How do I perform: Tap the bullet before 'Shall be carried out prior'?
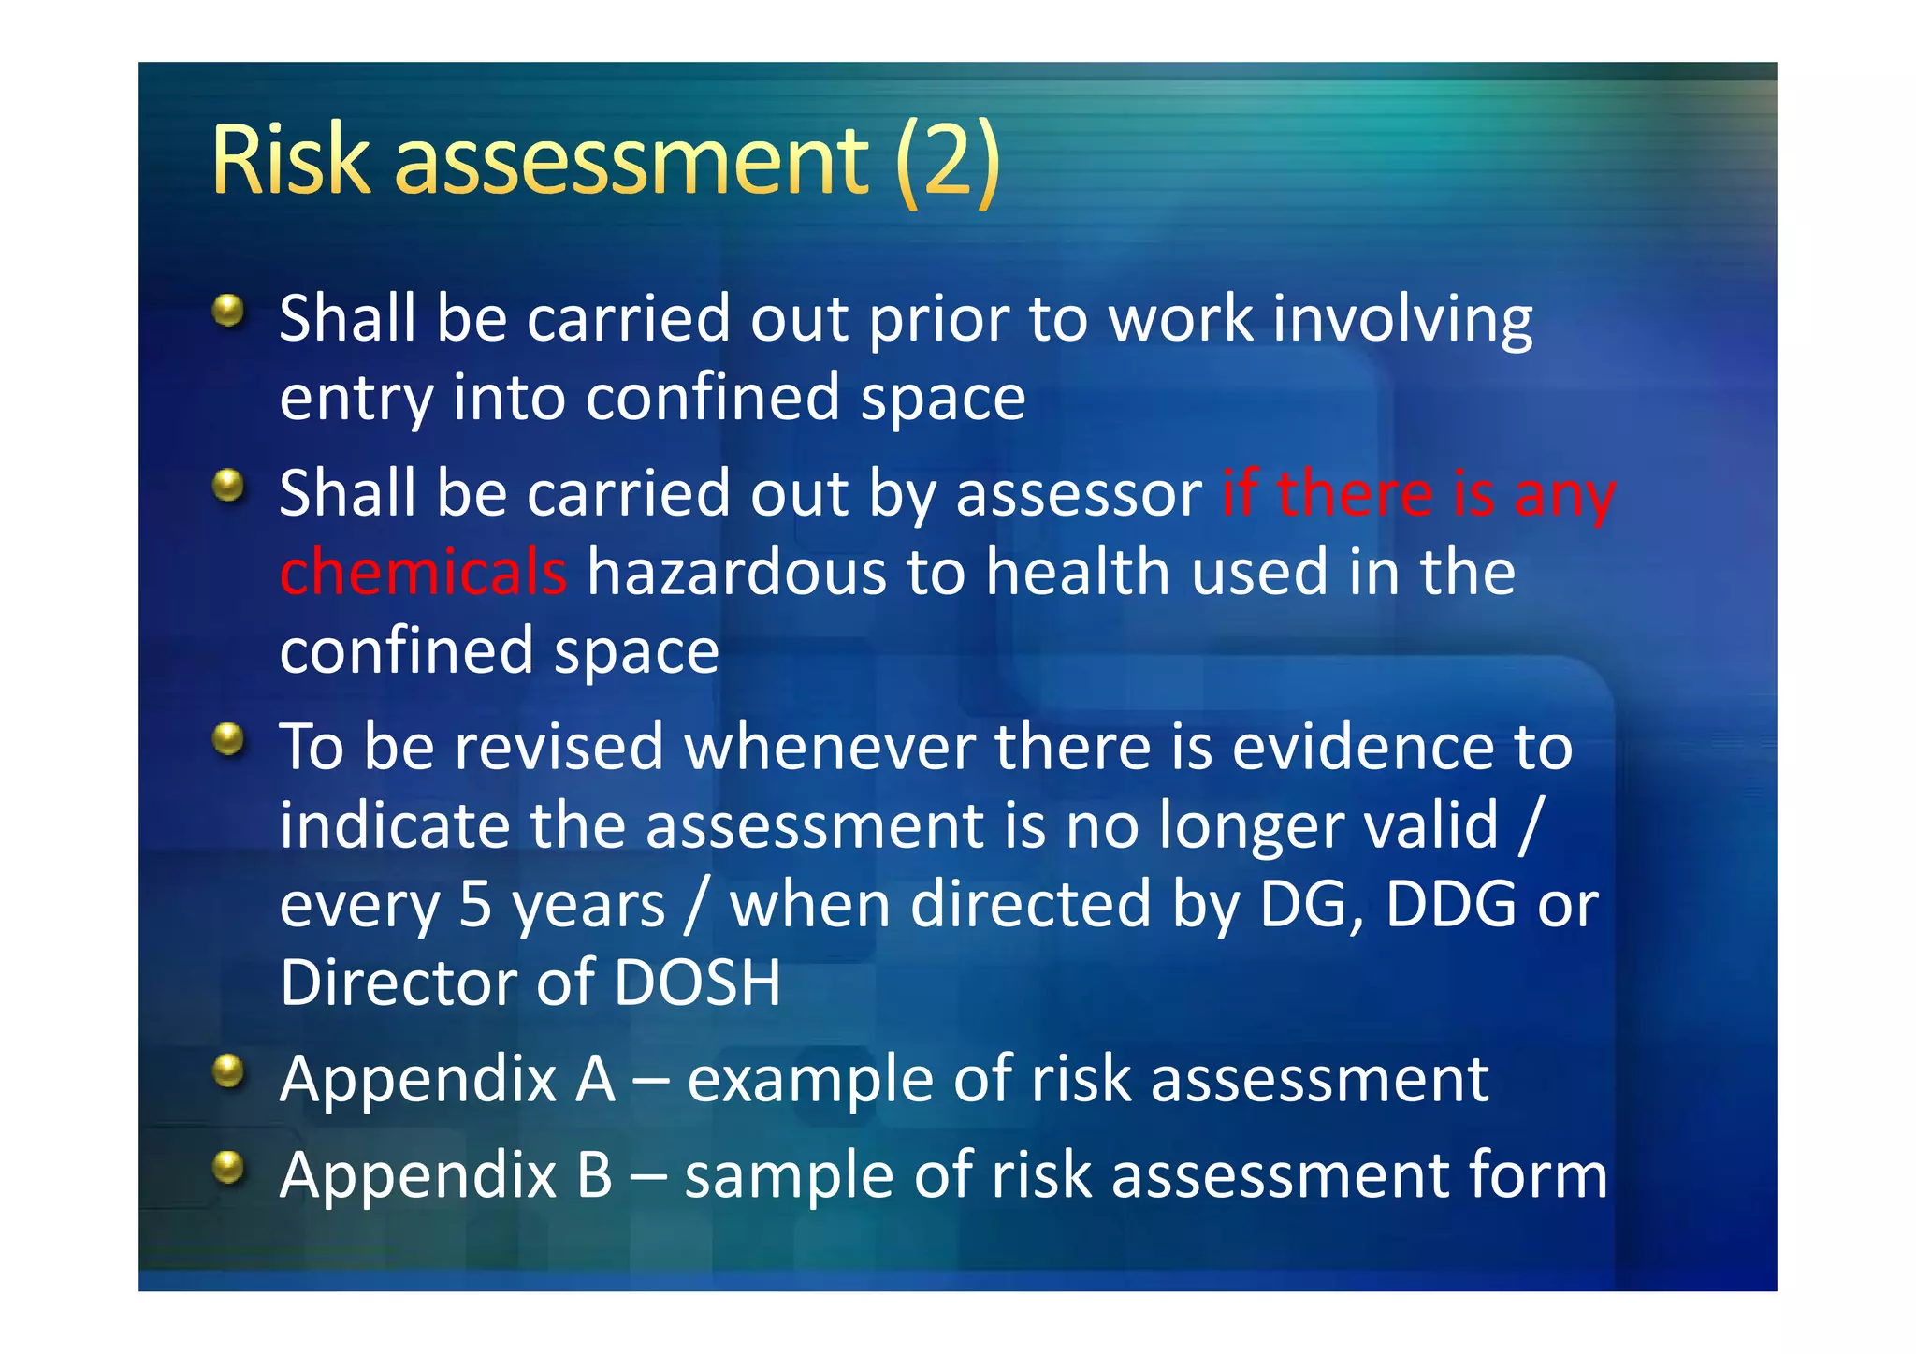tap(228, 311)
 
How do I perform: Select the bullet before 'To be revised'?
tap(228, 739)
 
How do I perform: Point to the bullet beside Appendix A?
tap(228, 1070)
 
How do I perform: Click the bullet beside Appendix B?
tap(228, 1167)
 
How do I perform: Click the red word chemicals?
tap(423, 572)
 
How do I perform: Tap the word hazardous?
tap(736, 572)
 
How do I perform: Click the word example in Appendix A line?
tap(809, 1081)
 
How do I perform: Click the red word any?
tap(1564, 496)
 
